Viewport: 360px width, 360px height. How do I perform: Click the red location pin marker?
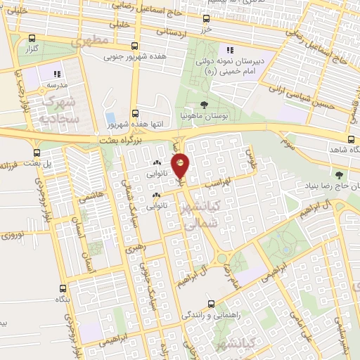pos(181,165)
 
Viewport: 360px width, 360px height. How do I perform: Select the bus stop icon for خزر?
pos(206,19)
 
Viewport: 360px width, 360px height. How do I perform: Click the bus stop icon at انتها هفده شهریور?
pos(135,112)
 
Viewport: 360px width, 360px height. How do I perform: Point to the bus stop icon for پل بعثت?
pos(37,152)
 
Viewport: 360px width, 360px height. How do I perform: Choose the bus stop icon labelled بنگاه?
pos(64,288)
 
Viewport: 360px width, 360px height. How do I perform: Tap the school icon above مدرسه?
pos(58,72)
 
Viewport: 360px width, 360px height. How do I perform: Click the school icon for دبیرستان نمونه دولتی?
pos(229,50)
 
